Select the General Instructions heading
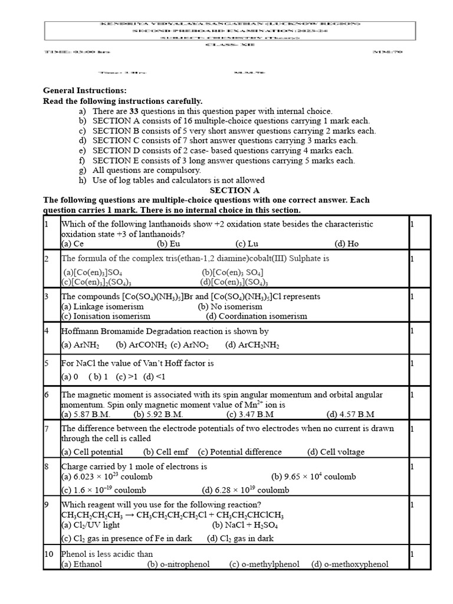tap(85, 90)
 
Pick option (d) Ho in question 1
tap(346, 244)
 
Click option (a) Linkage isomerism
tap(102, 307)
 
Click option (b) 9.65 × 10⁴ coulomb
tap(313, 477)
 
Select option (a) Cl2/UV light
tap(90, 524)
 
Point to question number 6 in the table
tap(47, 395)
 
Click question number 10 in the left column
tap(49, 554)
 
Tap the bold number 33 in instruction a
tap(134, 111)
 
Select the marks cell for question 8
tap(412, 467)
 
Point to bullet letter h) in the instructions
tap(81, 180)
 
